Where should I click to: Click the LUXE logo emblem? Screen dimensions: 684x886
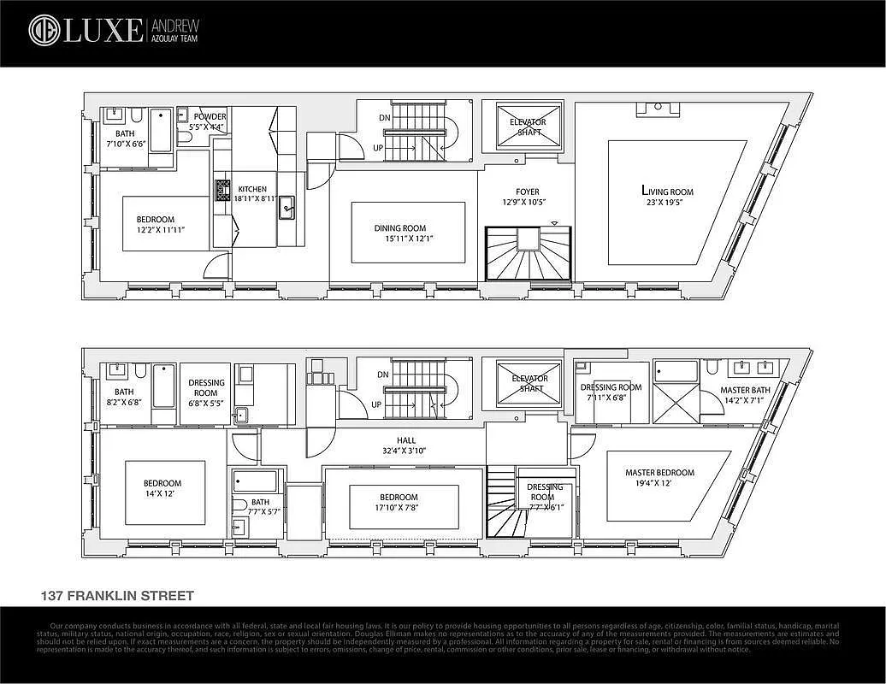point(43,30)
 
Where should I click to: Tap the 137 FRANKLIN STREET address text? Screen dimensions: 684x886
point(118,596)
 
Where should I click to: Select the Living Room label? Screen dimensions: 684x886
point(667,192)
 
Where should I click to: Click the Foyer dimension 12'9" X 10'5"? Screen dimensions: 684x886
point(521,203)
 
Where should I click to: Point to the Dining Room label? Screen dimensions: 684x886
point(399,228)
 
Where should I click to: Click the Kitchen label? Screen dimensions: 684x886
point(251,189)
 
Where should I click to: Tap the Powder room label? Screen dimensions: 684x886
point(210,117)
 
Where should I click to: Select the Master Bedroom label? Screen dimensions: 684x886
point(659,473)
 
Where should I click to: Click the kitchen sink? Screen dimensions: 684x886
point(286,205)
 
